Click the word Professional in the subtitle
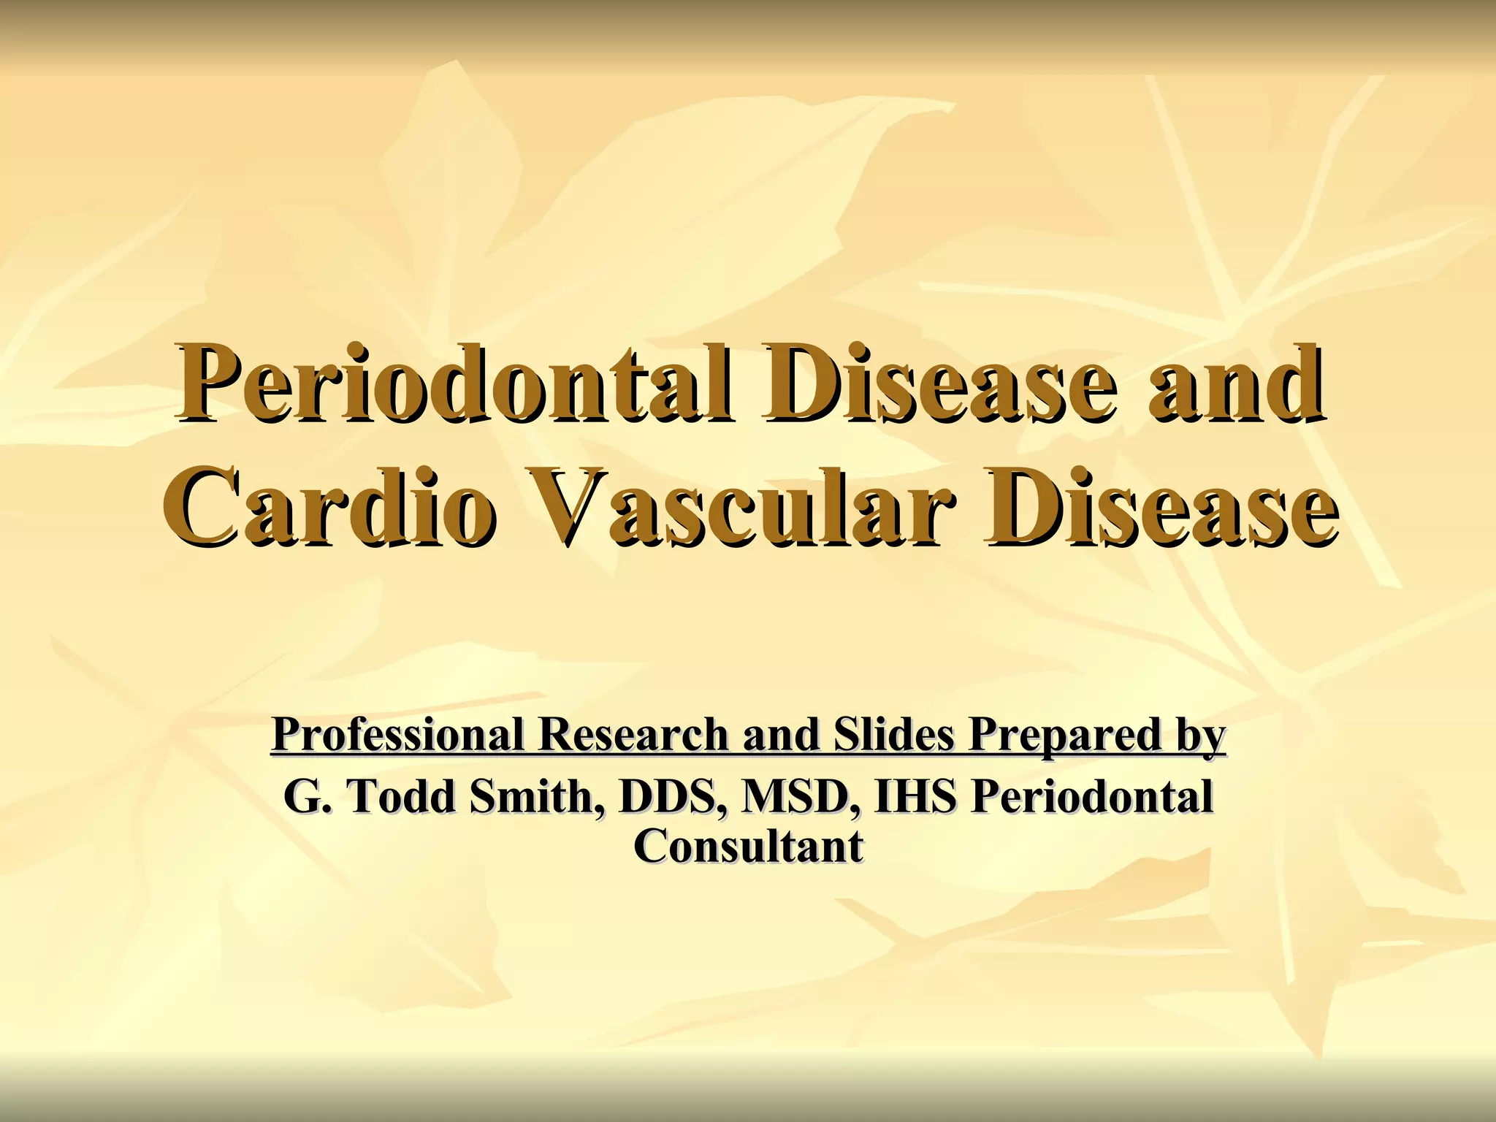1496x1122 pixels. click(x=398, y=735)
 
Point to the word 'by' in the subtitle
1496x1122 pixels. click(x=1201, y=736)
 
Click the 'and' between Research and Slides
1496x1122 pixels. click(x=781, y=735)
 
